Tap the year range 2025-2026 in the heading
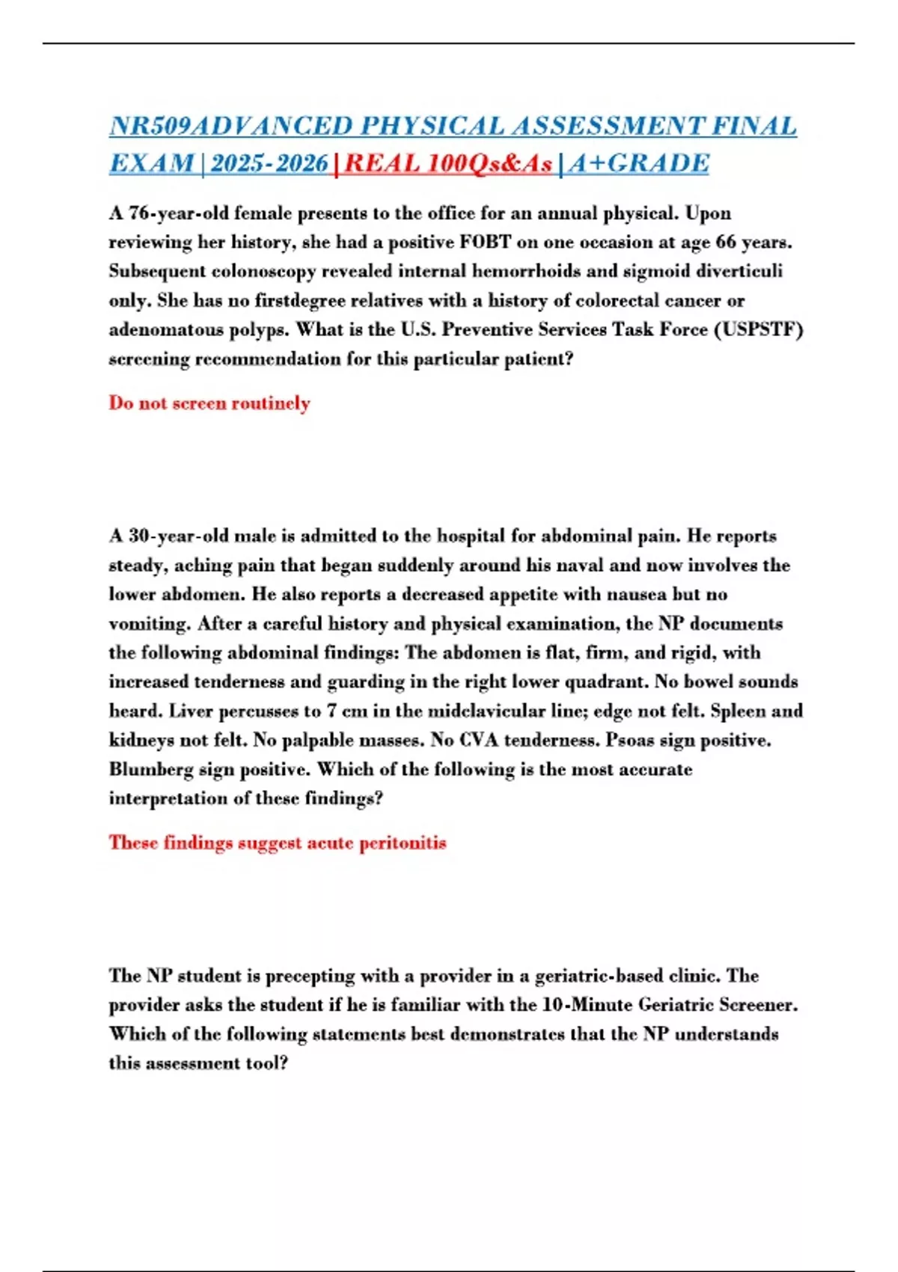pos(269,163)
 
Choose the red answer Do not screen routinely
pos(210,403)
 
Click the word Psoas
pos(632,740)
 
